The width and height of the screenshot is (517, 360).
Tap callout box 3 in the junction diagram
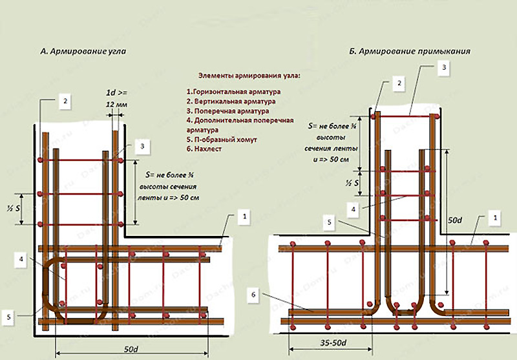click(x=443, y=67)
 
